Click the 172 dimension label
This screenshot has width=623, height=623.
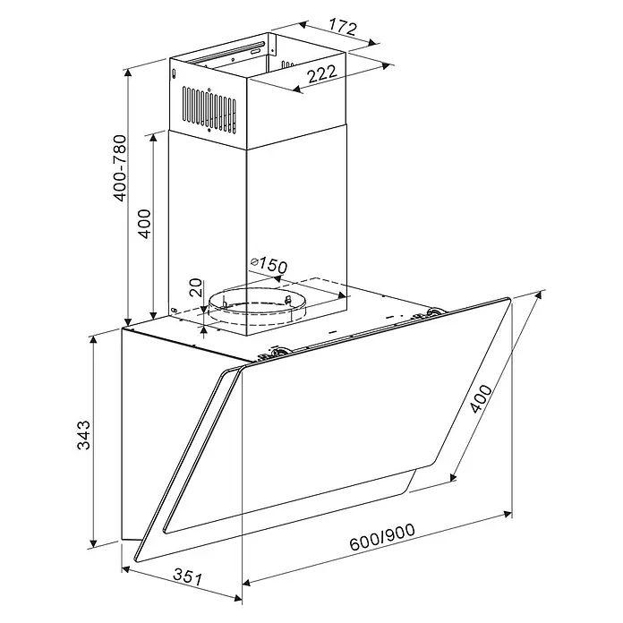(x=344, y=28)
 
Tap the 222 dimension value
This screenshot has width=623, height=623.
(x=322, y=73)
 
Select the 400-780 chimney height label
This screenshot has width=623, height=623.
(x=120, y=168)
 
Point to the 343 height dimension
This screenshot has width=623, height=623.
(x=83, y=435)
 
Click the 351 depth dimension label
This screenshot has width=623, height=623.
(x=188, y=577)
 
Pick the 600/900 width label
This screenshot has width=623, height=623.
(x=382, y=537)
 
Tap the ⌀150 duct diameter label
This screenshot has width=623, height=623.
(x=269, y=266)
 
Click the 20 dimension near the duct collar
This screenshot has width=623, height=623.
(x=195, y=287)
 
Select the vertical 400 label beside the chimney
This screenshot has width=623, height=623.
(x=145, y=224)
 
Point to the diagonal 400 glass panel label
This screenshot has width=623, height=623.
(x=481, y=399)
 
